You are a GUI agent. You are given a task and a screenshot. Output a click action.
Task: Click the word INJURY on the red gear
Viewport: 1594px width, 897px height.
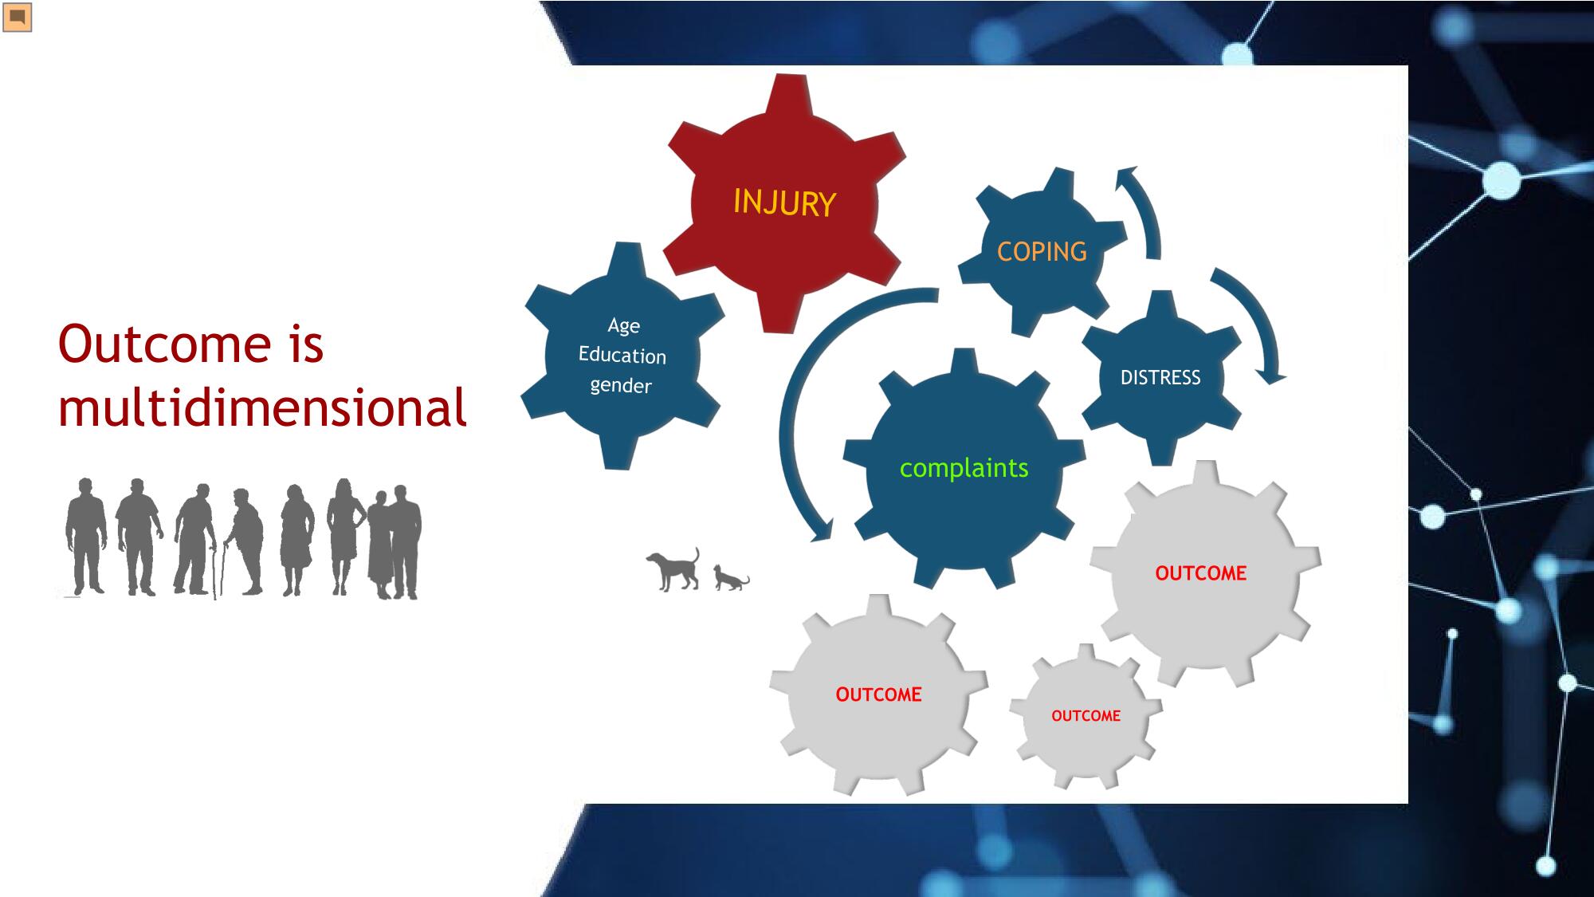[784, 203]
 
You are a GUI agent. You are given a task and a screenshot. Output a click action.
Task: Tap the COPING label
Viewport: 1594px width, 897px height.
[1042, 252]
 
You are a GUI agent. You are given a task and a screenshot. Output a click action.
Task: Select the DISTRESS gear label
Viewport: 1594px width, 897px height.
[1160, 377]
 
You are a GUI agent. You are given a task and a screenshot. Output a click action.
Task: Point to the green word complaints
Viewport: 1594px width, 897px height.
[964, 468]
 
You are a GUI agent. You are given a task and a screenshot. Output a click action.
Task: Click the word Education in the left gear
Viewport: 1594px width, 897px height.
[622, 355]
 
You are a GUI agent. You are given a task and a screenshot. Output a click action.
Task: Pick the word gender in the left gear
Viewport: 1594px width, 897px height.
[621, 386]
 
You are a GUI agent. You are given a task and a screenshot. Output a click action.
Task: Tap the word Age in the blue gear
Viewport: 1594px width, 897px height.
[624, 326]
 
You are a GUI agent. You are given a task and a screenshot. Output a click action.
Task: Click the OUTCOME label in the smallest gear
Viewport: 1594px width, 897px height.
[1086, 716]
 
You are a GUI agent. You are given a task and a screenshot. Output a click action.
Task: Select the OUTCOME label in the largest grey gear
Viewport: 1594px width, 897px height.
[1201, 573]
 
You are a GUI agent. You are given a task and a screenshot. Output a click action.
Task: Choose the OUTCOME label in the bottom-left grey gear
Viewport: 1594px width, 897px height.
[878, 694]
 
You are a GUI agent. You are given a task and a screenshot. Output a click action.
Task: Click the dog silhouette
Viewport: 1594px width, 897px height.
[674, 569]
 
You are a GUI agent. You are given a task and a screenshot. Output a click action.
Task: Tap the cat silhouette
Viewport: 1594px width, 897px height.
[731, 578]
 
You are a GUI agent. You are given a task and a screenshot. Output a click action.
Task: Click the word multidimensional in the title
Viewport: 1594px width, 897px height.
[262, 407]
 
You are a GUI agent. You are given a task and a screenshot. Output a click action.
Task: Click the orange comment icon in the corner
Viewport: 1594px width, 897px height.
[17, 17]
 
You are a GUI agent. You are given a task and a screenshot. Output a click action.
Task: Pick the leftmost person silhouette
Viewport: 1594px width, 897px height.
[85, 536]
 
